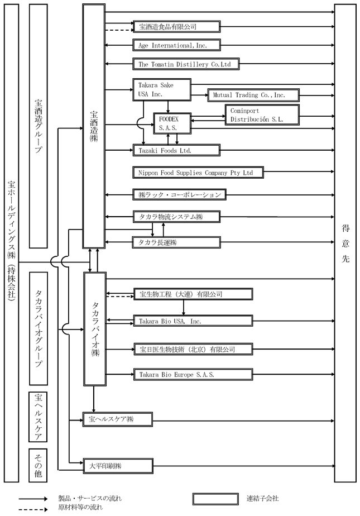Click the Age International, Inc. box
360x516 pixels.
click(177, 45)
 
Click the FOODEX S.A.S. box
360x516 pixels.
click(172, 123)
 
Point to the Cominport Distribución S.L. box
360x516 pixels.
click(261, 114)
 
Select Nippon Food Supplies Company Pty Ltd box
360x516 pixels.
click(198, 173)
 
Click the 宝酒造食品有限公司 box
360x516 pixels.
click(176, 26)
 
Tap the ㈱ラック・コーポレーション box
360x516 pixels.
click(179, 194)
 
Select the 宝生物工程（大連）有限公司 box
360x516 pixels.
click(193, 294)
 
